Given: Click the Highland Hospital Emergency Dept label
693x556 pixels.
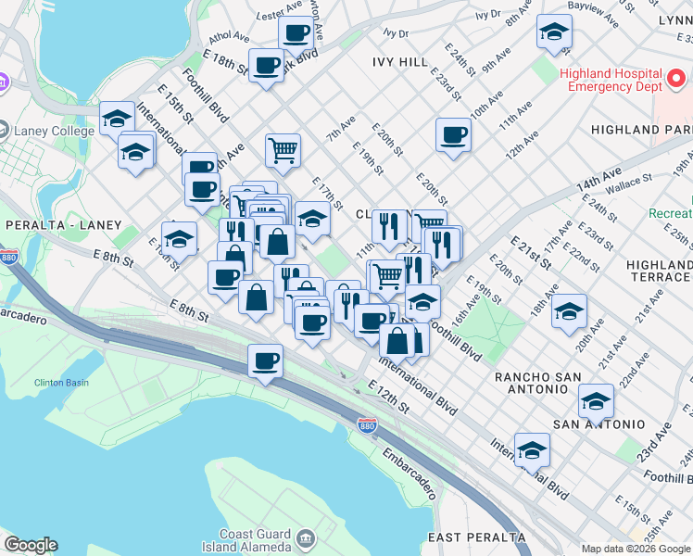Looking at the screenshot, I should coord(611,80).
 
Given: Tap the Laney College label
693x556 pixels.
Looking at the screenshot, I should coord(54,131).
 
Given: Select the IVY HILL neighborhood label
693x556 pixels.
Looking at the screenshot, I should coord(399,62).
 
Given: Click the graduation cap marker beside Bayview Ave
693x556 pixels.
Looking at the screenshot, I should coord(554,34).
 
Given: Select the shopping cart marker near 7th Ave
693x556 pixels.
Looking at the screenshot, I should coord(283,148).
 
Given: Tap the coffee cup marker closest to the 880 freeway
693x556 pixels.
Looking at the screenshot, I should coord(265,360).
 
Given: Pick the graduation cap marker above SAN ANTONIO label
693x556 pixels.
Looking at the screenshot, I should coord(596,400).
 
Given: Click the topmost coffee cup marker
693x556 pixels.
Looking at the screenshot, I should coord(296,32).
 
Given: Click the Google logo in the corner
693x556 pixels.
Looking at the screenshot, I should coord(31,545).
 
